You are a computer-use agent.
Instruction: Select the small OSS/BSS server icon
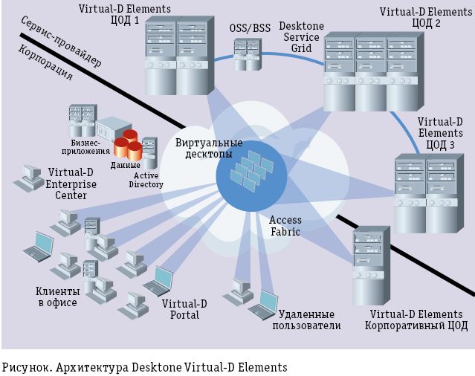click(248, 54)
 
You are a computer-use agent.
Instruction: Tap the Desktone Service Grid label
click(300, 36)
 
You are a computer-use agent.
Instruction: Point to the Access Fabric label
click(285, 226)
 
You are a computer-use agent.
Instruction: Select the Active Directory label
click(146, 180)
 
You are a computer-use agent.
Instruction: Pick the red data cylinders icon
click(130, 145)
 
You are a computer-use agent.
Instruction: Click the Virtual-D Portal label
click(179, 309)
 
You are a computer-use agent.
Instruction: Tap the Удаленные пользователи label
click(306, 320)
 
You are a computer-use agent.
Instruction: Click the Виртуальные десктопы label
click(209, 148)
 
